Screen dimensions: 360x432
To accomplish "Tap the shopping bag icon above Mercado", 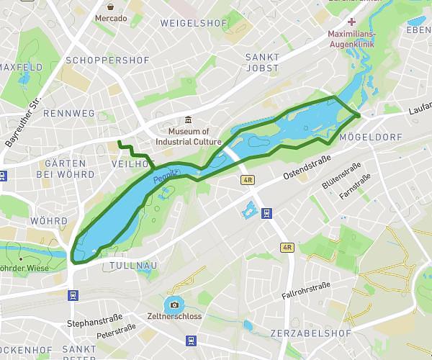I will [111, 5].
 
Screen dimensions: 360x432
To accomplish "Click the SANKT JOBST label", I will [261, 62].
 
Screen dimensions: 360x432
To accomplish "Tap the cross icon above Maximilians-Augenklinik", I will [352, 22].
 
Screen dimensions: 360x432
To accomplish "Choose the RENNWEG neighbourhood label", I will [69, 114].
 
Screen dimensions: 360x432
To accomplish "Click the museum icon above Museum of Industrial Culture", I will [188, 120].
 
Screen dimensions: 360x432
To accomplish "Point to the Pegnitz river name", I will [166, 175].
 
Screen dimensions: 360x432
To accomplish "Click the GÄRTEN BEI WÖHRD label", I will [69, 169].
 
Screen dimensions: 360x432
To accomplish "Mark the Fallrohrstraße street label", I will [307, 289].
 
